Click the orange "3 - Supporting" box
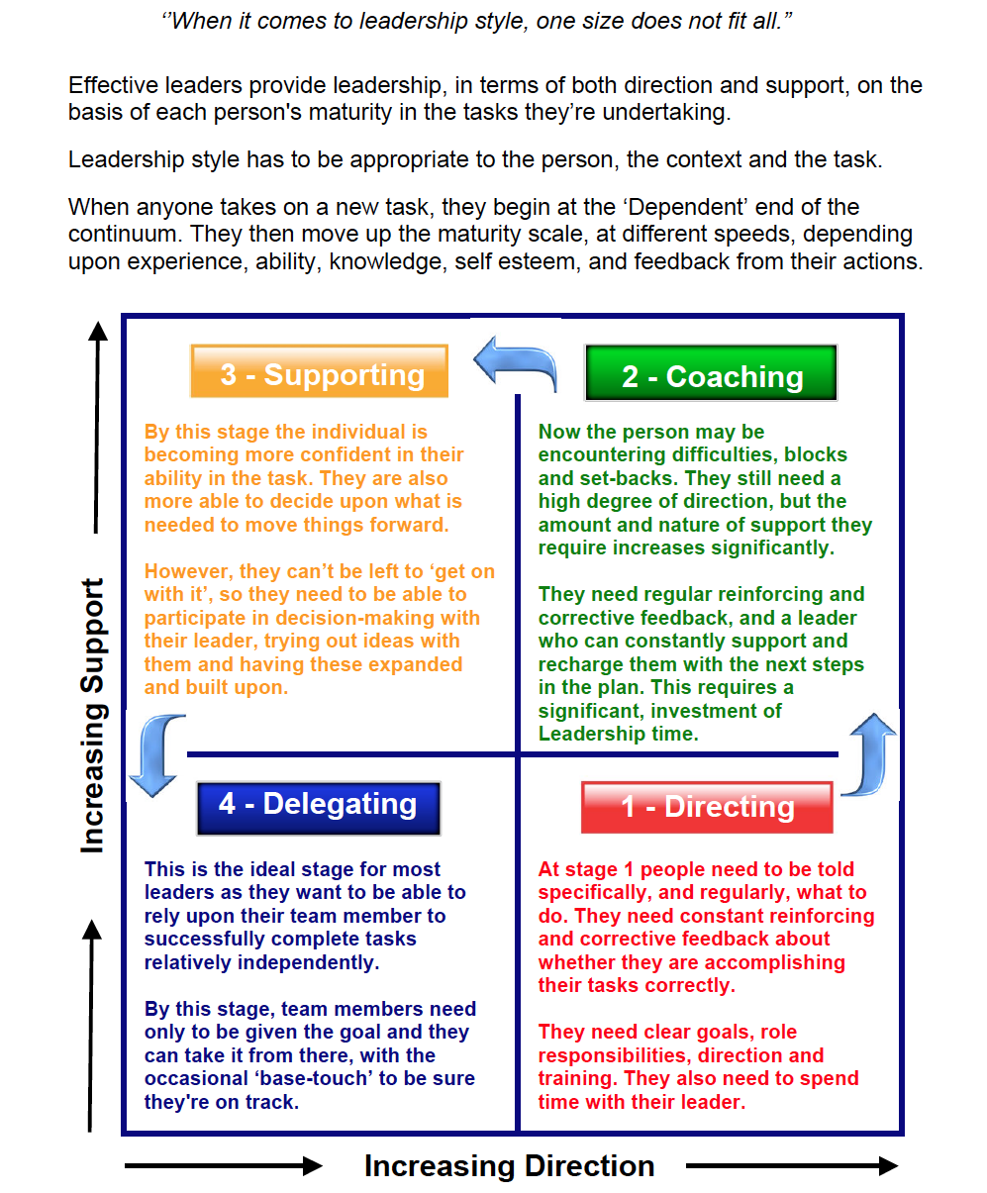coord(319,372)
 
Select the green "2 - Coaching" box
coord(711,374)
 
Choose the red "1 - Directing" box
coord(707,807)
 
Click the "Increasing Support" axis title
coord(92,715)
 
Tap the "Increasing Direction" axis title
coord(509,1166)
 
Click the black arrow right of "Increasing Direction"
coord(792,1167)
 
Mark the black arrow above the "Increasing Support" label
coord(96,426)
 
